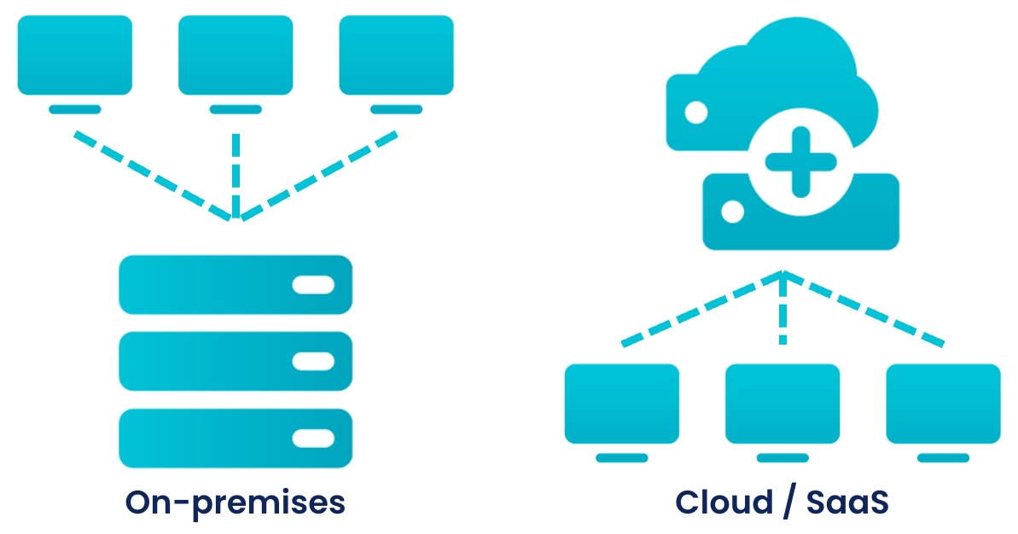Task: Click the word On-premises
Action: [x=235, y=502]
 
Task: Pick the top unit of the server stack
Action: [x=235, y=285]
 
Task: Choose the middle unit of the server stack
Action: [x=235, y=361]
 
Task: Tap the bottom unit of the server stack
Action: [x=235, y=438]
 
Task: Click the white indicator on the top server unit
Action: [x=313, y=285]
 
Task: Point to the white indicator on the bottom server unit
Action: [x=313, y=438]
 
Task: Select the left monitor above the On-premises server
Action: [x=75, y=55]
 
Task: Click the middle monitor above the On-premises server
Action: [x=236, y=55]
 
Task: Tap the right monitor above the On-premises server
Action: [x=396, y=55]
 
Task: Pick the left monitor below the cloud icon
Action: [x=622, y=403]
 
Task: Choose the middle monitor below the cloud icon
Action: [x=782, y=403]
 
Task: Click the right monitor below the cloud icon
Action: [x=943, y=403]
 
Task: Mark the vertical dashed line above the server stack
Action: [x=236, y=171]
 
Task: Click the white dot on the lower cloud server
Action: [x=730, y=211]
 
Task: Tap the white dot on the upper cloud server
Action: [x=696, y=112]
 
